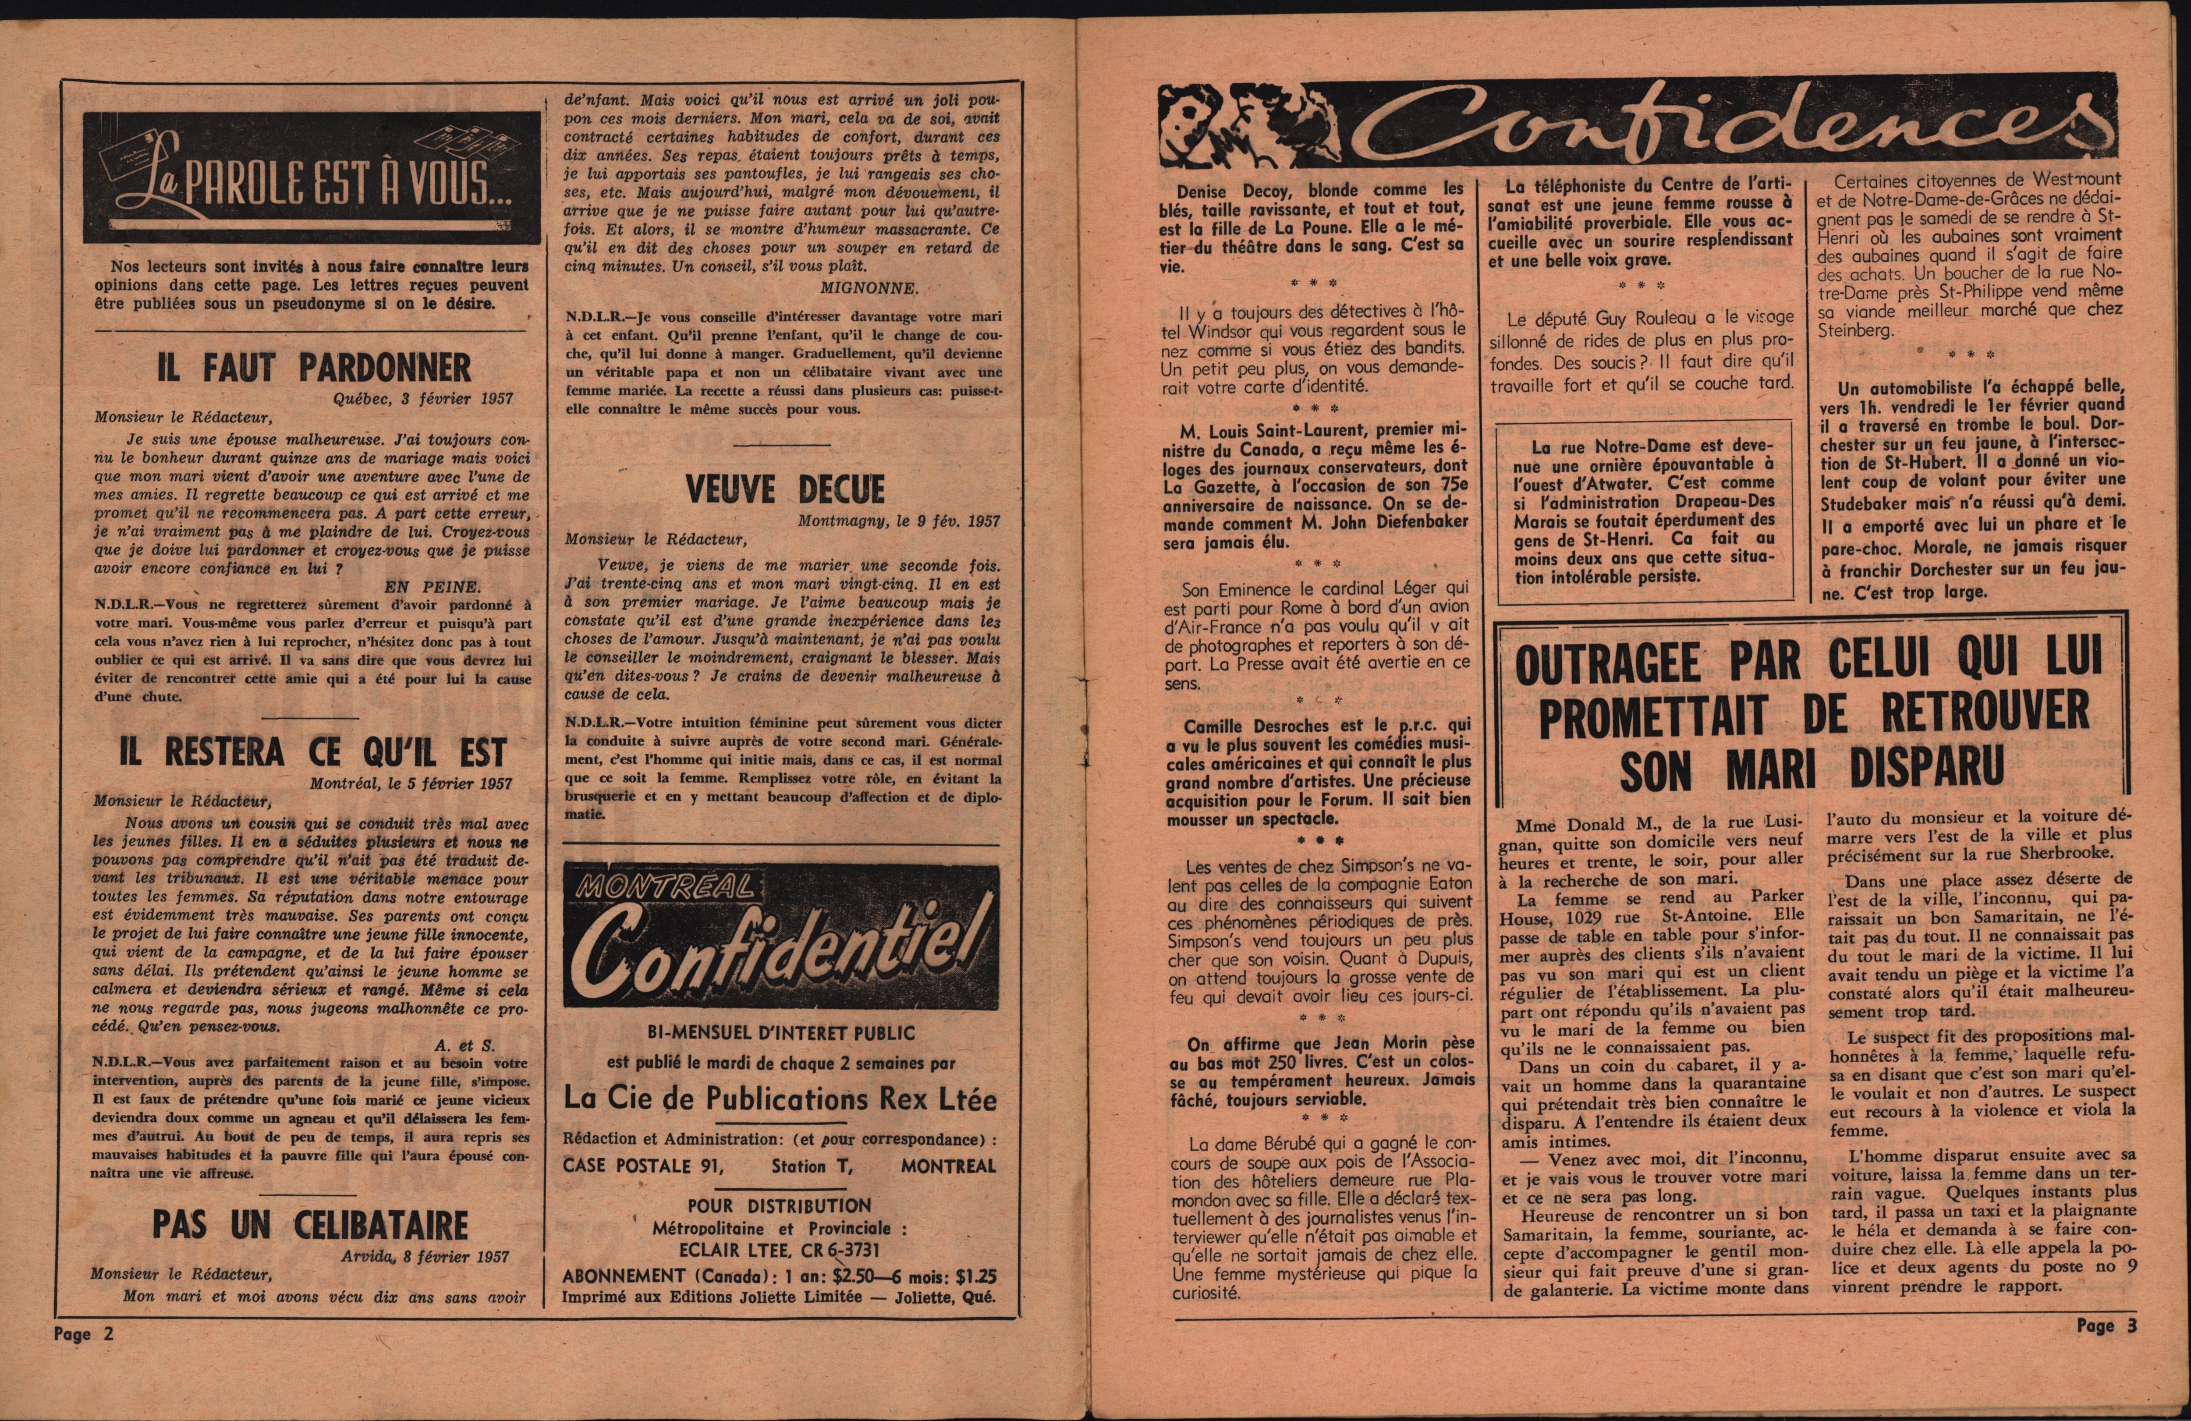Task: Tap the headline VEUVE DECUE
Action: (784, 489)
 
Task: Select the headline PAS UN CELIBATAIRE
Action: (310, 1225)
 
